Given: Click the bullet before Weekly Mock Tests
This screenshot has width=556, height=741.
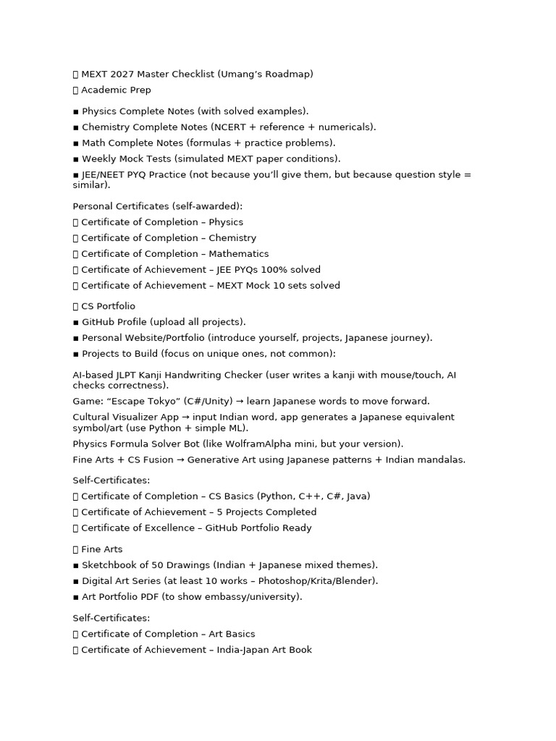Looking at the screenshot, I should (x=76, y=159).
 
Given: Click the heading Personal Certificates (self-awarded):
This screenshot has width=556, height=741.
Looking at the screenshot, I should (x=158, y=206).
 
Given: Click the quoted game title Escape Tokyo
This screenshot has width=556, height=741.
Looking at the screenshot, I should (x=148, y=402).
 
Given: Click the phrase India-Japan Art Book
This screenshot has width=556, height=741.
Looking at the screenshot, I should (x=264, y=650).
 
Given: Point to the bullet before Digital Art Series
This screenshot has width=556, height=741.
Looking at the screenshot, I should (x=76, y=581).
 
